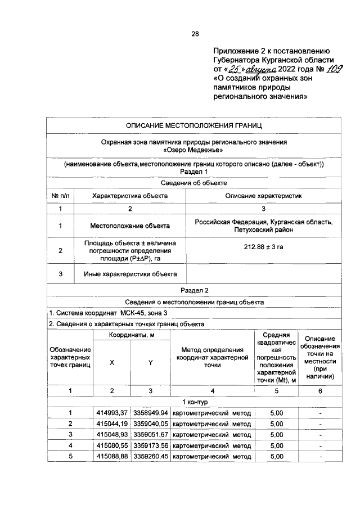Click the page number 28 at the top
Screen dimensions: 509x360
point(195,34)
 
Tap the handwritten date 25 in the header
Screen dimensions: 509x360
point(231,69)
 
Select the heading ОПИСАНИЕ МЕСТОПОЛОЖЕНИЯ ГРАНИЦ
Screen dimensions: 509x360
point(194,124)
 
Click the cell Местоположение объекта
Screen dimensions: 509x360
point(130,226)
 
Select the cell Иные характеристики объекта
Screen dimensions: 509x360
point(130,274)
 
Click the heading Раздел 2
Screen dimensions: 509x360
point(194,290)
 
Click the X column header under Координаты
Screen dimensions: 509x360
point(112,363)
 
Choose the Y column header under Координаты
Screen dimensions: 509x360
point(150,363)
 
